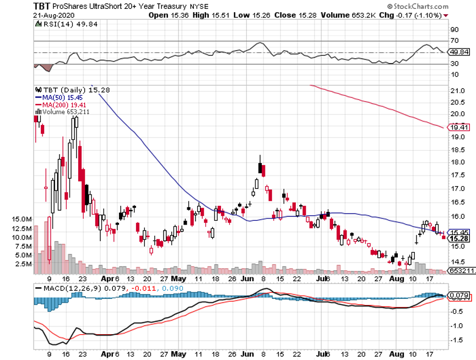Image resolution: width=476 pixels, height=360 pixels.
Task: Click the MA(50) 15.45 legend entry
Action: (x=59, y=96)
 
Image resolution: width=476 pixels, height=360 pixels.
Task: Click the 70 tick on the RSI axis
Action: (x=455, y=41)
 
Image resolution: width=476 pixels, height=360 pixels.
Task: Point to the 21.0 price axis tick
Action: (x=457, y=91)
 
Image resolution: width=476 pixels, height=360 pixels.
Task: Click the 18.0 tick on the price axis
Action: (x=457, y=162)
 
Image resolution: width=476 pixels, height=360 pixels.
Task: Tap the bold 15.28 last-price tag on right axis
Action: (x=459, y=239)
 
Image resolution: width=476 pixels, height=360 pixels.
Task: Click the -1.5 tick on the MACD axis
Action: (x=457, y=340)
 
